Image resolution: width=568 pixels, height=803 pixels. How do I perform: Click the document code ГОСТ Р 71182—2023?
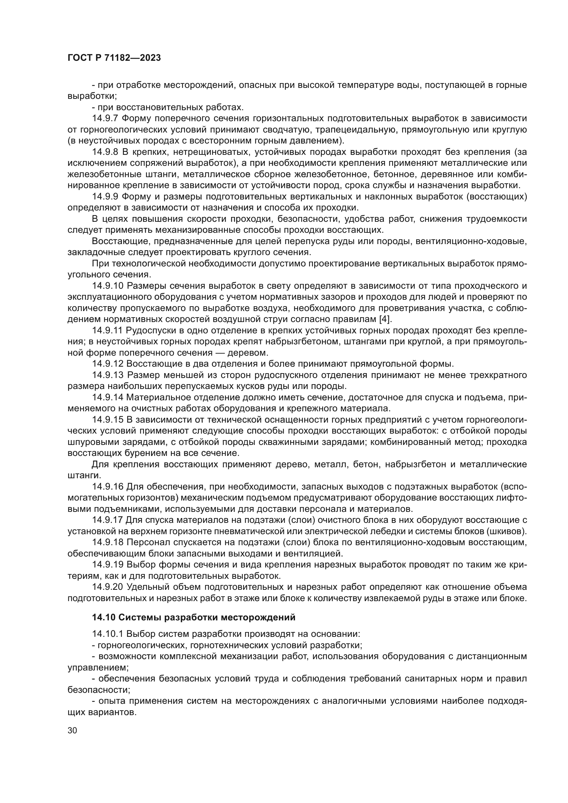(114, 58)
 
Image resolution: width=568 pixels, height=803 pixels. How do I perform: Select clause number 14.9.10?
(108, 286)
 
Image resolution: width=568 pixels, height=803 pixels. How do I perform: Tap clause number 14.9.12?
(108, 364)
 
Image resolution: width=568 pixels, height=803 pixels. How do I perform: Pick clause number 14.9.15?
(108, 420)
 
